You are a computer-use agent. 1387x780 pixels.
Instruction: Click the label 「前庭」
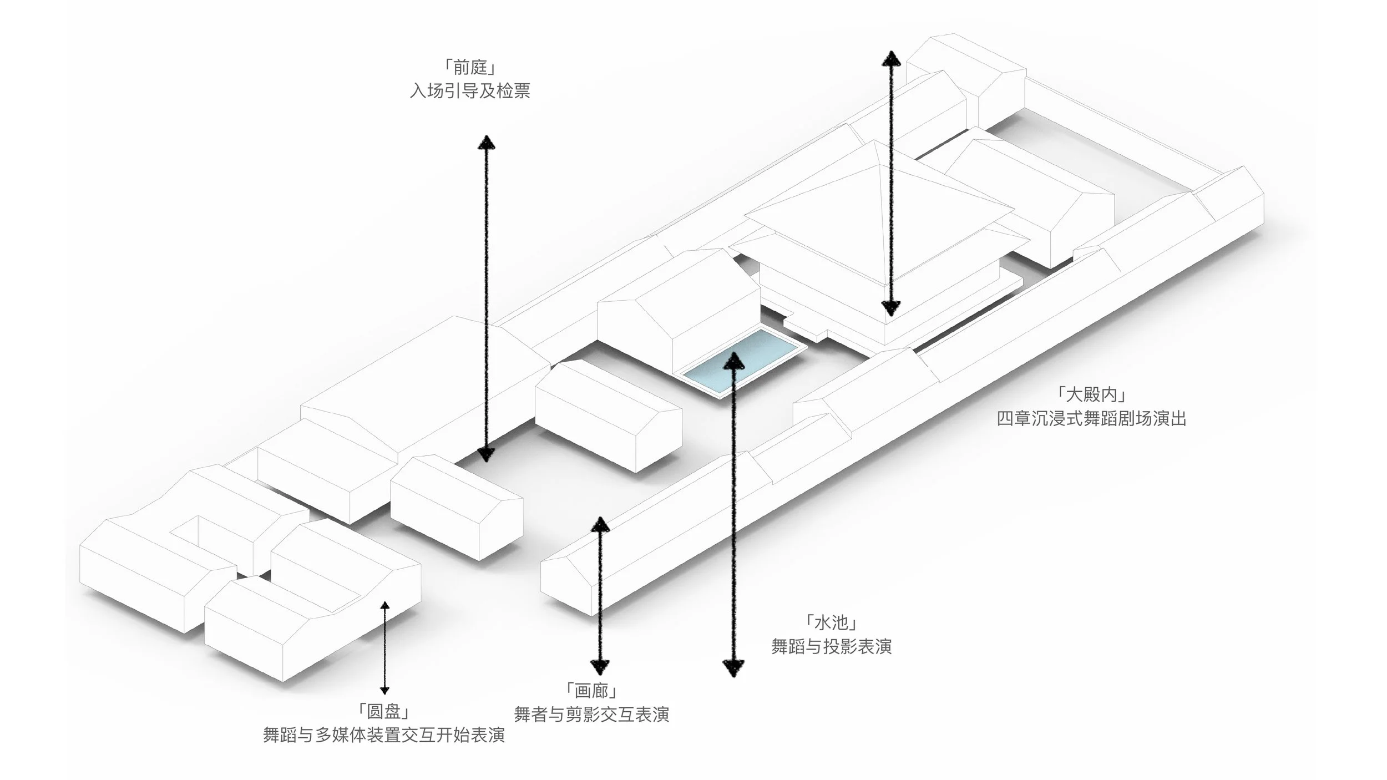[x=469, y=68]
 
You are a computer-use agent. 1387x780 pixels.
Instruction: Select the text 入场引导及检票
[x=469, y=90]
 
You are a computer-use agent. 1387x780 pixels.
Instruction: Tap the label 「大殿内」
[x=1091, y=395]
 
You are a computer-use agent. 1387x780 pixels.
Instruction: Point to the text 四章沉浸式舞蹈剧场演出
[x=1091, y=418]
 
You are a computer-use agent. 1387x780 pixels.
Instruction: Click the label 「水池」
[x=831, y=623]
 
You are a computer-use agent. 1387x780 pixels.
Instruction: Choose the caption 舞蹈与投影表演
[x=831, y=646]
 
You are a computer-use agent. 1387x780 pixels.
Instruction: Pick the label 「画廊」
[x=591, y=691]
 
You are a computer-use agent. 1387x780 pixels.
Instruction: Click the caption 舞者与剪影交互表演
[x=591, y=714]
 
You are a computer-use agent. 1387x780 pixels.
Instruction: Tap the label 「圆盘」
[x=384, y=712]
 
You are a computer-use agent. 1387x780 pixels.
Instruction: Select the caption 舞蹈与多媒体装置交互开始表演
[x=384, y=735]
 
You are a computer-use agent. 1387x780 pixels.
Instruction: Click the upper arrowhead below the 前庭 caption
[x=487, y=143]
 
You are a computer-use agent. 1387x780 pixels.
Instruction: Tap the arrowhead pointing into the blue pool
[x=734, y=361]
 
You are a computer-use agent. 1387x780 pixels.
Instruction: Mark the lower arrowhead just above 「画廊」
[x=600, y=666]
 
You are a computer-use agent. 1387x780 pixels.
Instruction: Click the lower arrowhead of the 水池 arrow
[x=733, y=667]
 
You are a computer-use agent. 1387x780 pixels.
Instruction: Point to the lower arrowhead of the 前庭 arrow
[x=486, y=454]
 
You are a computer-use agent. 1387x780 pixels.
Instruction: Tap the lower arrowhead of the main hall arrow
[x=891, y=308]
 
